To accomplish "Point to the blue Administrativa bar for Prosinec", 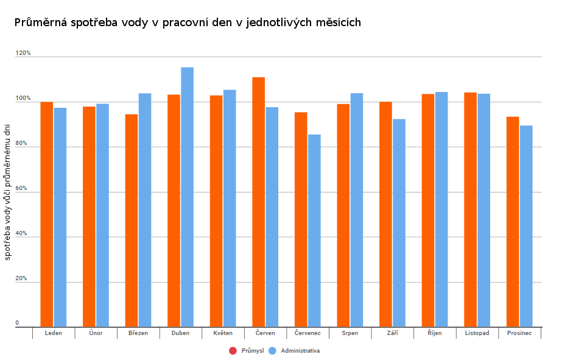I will point(526,226).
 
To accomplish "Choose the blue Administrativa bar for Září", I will point(399,223).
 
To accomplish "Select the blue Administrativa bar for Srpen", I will point(357,210).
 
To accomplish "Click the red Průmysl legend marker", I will point(233,351).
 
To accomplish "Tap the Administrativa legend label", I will point(300,351).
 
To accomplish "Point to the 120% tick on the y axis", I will point(23,54).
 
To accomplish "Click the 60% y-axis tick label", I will point(22,189).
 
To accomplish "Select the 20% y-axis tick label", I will point(22,279).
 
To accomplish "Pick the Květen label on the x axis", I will point(223,333).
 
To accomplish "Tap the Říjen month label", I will point(434,333).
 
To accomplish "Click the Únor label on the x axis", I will point(96,333).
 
